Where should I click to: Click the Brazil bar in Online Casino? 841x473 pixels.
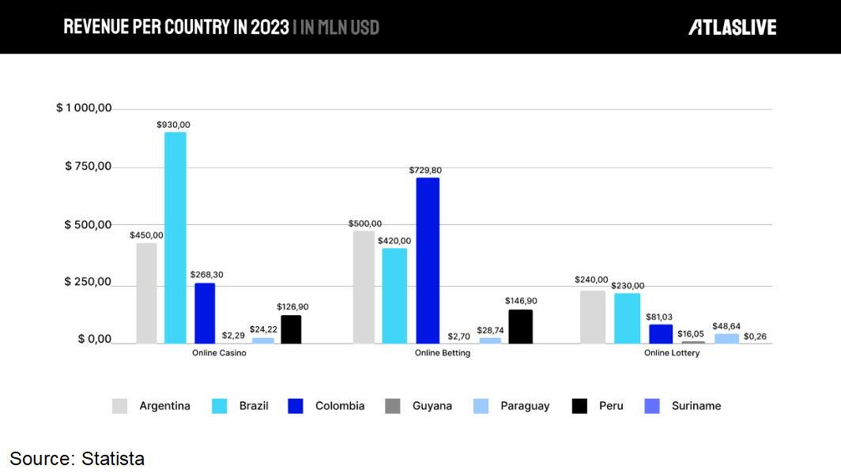point(175,237)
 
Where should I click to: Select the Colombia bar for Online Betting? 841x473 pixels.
point(428,261)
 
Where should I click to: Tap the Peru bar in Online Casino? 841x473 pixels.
point(291,329)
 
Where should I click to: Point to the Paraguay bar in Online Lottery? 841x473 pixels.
point(726,339)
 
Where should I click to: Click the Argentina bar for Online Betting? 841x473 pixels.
point(364,287)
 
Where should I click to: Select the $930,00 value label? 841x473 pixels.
point(173,125)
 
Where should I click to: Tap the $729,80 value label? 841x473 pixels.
point(426,171)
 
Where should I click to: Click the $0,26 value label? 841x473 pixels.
point(755,336)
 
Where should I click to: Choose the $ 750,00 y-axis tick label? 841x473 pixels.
point(88,167)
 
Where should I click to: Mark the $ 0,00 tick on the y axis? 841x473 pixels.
point(94,340)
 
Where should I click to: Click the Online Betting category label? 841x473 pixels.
point(443,353)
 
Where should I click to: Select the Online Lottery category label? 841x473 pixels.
point(672,353)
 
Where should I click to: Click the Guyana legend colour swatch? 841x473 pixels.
point(392,406)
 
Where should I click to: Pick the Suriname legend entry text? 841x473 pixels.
point(696,406)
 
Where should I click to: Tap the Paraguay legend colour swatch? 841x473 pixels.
point(481,406)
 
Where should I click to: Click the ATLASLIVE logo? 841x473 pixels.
point(732,28)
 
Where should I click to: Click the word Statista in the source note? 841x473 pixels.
point(113,458)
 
